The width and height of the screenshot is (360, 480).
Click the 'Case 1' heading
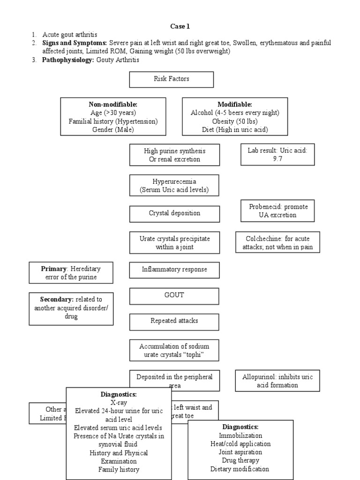click(x=180, y=26)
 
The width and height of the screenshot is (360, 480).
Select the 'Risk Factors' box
click(x=172, y=79)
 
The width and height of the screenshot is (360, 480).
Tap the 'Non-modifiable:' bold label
click(x=113, y=105)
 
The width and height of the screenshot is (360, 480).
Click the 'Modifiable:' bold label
click(x=234, y=105)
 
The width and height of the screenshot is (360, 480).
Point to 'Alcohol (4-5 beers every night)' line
click(x=235, y=113)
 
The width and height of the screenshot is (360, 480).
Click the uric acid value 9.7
click(x=277, y=159)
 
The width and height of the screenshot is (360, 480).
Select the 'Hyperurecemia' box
click(x=174, y=186)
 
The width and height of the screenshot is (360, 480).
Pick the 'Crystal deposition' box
click(x=174, y=213)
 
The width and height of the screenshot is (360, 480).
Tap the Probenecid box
click(x=278, y=211)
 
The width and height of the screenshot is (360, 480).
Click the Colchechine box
click(x=277, y=243)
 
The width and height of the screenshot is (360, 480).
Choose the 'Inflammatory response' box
click(x=174, y=270)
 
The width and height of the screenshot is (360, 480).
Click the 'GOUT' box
click(x=174, y=295)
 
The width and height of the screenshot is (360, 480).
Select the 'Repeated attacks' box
click(x=174, y=321)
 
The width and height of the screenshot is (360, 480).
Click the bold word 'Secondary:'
click(x=57, y=299)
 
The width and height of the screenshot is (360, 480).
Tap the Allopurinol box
click(x=277, y=381)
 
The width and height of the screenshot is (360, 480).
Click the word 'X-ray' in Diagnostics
click(x=119, y=402)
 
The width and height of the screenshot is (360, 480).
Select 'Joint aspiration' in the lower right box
click(x=240, y=452)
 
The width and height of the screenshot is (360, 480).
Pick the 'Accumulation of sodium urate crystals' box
click(x=174, y=351)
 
